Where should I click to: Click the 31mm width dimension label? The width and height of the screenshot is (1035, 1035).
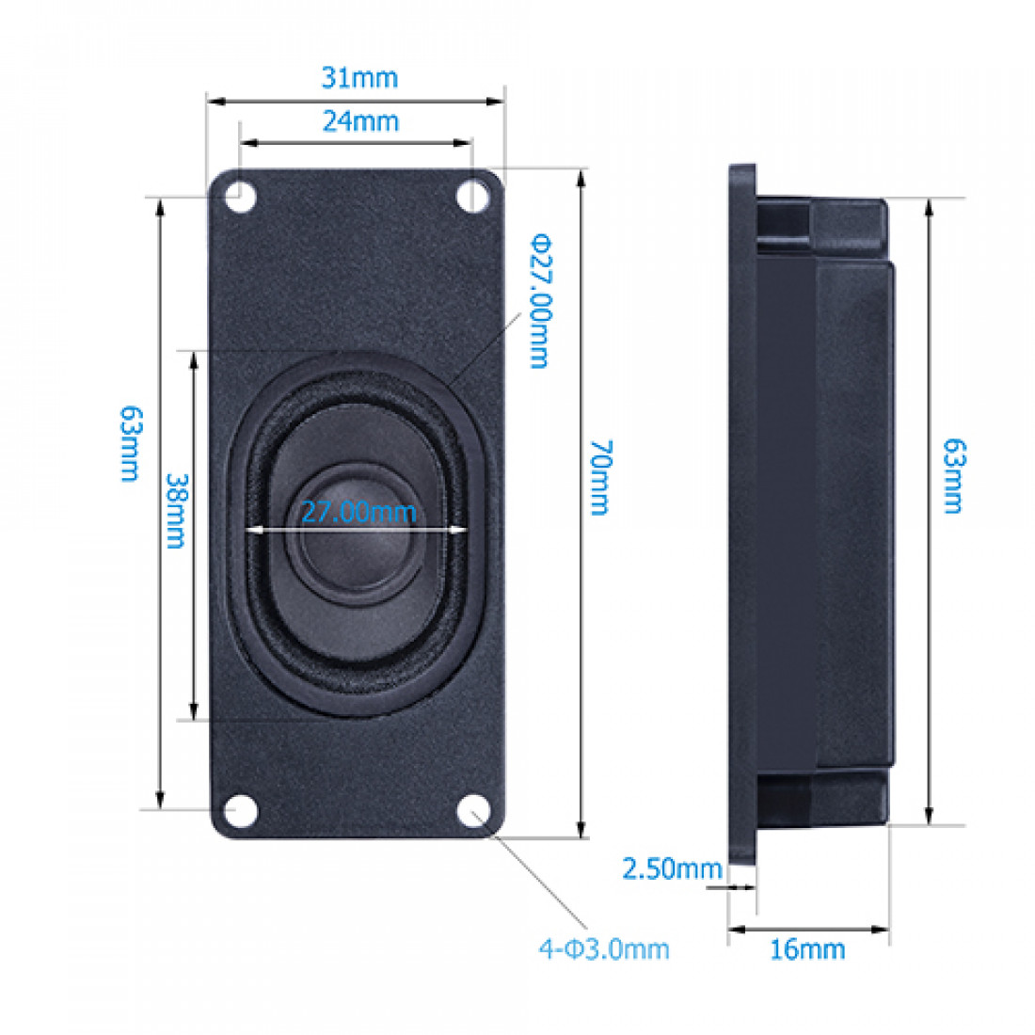point(359,77)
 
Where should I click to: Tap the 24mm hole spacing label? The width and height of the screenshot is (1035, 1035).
point(360,120)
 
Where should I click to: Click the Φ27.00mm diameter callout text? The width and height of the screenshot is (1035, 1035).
point(537,300)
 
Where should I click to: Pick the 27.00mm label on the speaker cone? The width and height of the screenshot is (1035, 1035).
point(358,513)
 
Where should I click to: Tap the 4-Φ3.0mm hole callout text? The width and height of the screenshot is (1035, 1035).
point(604,948)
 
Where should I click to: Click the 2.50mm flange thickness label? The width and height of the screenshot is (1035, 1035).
point(672,868)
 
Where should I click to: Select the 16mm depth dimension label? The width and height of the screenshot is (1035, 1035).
point(807,949)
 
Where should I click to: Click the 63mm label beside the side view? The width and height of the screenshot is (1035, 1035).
point(953,475)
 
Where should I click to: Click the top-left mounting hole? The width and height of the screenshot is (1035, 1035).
point(239,196)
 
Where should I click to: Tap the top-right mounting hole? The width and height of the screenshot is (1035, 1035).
point(473,196)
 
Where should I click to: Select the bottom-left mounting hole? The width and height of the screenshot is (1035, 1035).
point(242,809)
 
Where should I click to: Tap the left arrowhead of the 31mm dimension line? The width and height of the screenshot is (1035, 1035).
point(212,100)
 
